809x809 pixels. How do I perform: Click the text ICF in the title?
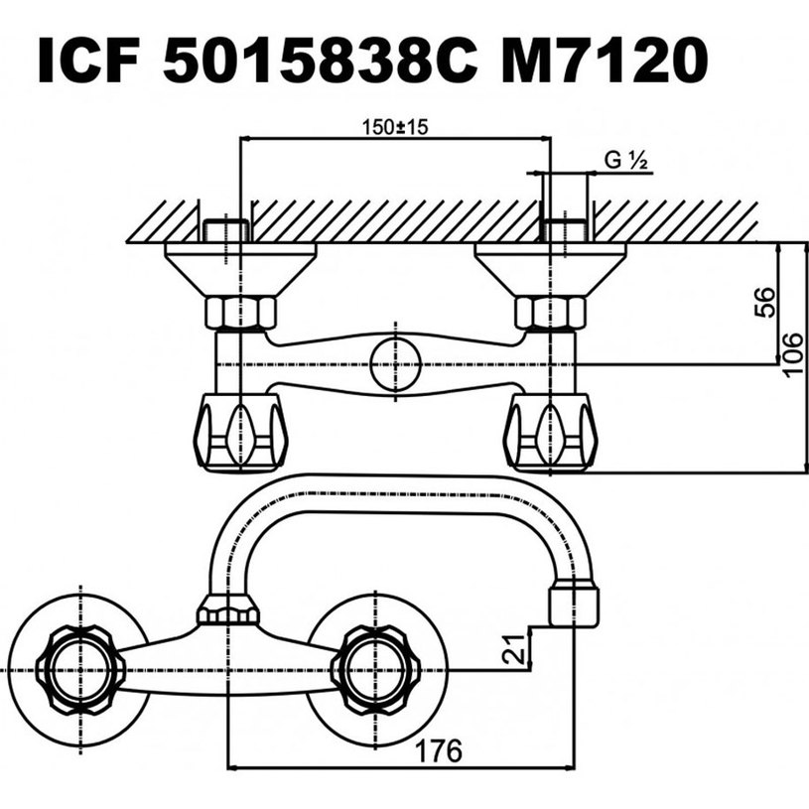pyautogui.click(x=86, y=61)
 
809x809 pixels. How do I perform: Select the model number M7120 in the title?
pyautogui.click(x=606, y=61)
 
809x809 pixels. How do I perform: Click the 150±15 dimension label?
pyautogui.click(x=394, y=128)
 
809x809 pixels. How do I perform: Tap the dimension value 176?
pyautogui.click(x=436, y=751)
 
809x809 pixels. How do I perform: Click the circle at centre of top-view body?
pyautogui.click(x=395, y=364)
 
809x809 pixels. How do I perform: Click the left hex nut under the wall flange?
pyautogui.click(x=240, y=313)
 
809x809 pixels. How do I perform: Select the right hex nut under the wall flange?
pyautogui.click(x=550, y=313)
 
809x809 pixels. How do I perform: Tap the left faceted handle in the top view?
pyautogui.click(x=241, y=431)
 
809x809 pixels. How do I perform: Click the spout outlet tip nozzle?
pyautogui.click(x=574, y=605)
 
